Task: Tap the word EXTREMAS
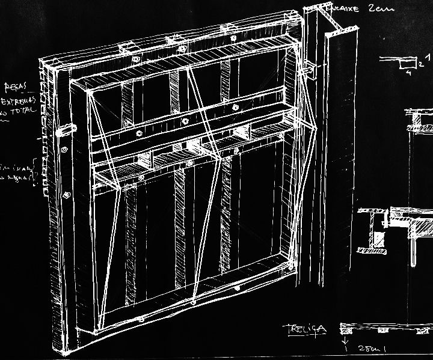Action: pos(19,99)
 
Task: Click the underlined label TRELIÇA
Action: pos(306,329)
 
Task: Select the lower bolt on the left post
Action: pos(66,194)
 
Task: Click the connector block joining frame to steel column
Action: pos(310,70)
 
